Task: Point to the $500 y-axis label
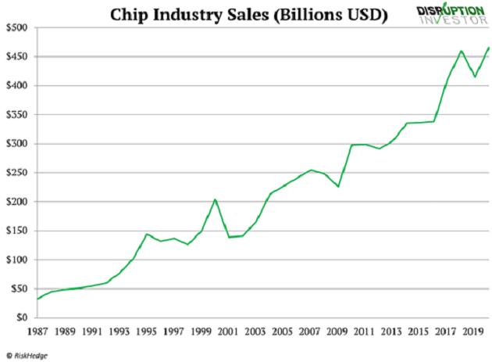(19, 27)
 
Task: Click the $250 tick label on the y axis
(19, 173)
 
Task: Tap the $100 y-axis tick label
(19, 260)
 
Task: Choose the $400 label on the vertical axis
(19, 86)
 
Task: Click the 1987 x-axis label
(38, 331)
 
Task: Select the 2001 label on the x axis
(229, 331)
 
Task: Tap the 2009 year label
(337, 331)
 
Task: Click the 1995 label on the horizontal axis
(147, 331)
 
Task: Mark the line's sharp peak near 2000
(215, 199)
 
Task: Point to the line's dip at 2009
(338, 187)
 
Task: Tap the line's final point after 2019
(489, 48)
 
